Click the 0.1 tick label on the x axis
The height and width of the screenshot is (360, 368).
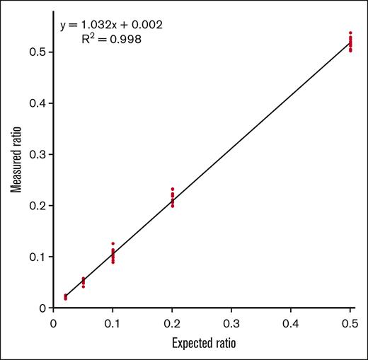tap(113, 323)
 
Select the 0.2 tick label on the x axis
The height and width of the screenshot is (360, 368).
tap(172, 323)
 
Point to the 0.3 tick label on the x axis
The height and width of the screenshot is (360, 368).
tap(231, 323)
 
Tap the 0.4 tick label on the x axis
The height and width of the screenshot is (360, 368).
tap(291, 323)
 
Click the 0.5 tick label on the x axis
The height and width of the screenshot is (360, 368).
tap(350, 323)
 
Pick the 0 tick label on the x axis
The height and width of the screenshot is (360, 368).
tap(53, 323)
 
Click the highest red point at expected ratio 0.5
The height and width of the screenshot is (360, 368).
tap(350, 33)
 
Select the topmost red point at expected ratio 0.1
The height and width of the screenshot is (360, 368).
tap(113, 243)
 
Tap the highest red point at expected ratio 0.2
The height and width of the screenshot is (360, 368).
tap(172, 189)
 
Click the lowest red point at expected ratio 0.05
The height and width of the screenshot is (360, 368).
tap(83, 286)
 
